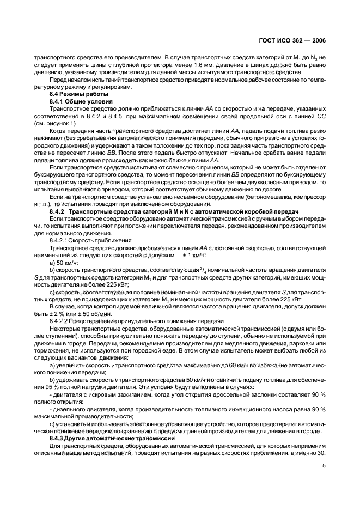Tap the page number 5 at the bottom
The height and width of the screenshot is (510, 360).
click(x=324, y=466)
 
